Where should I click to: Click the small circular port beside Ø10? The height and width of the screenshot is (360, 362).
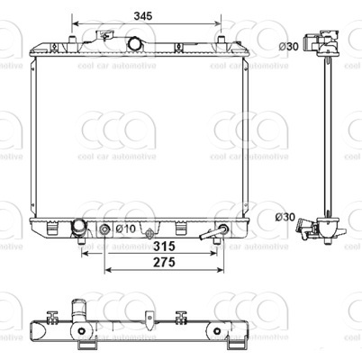tap(105, 230)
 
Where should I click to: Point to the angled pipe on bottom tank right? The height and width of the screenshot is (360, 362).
tap(216, 233)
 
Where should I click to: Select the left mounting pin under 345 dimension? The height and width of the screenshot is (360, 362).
tap(70, 40)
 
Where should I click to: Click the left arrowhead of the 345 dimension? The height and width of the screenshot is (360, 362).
tap(74, 24)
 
